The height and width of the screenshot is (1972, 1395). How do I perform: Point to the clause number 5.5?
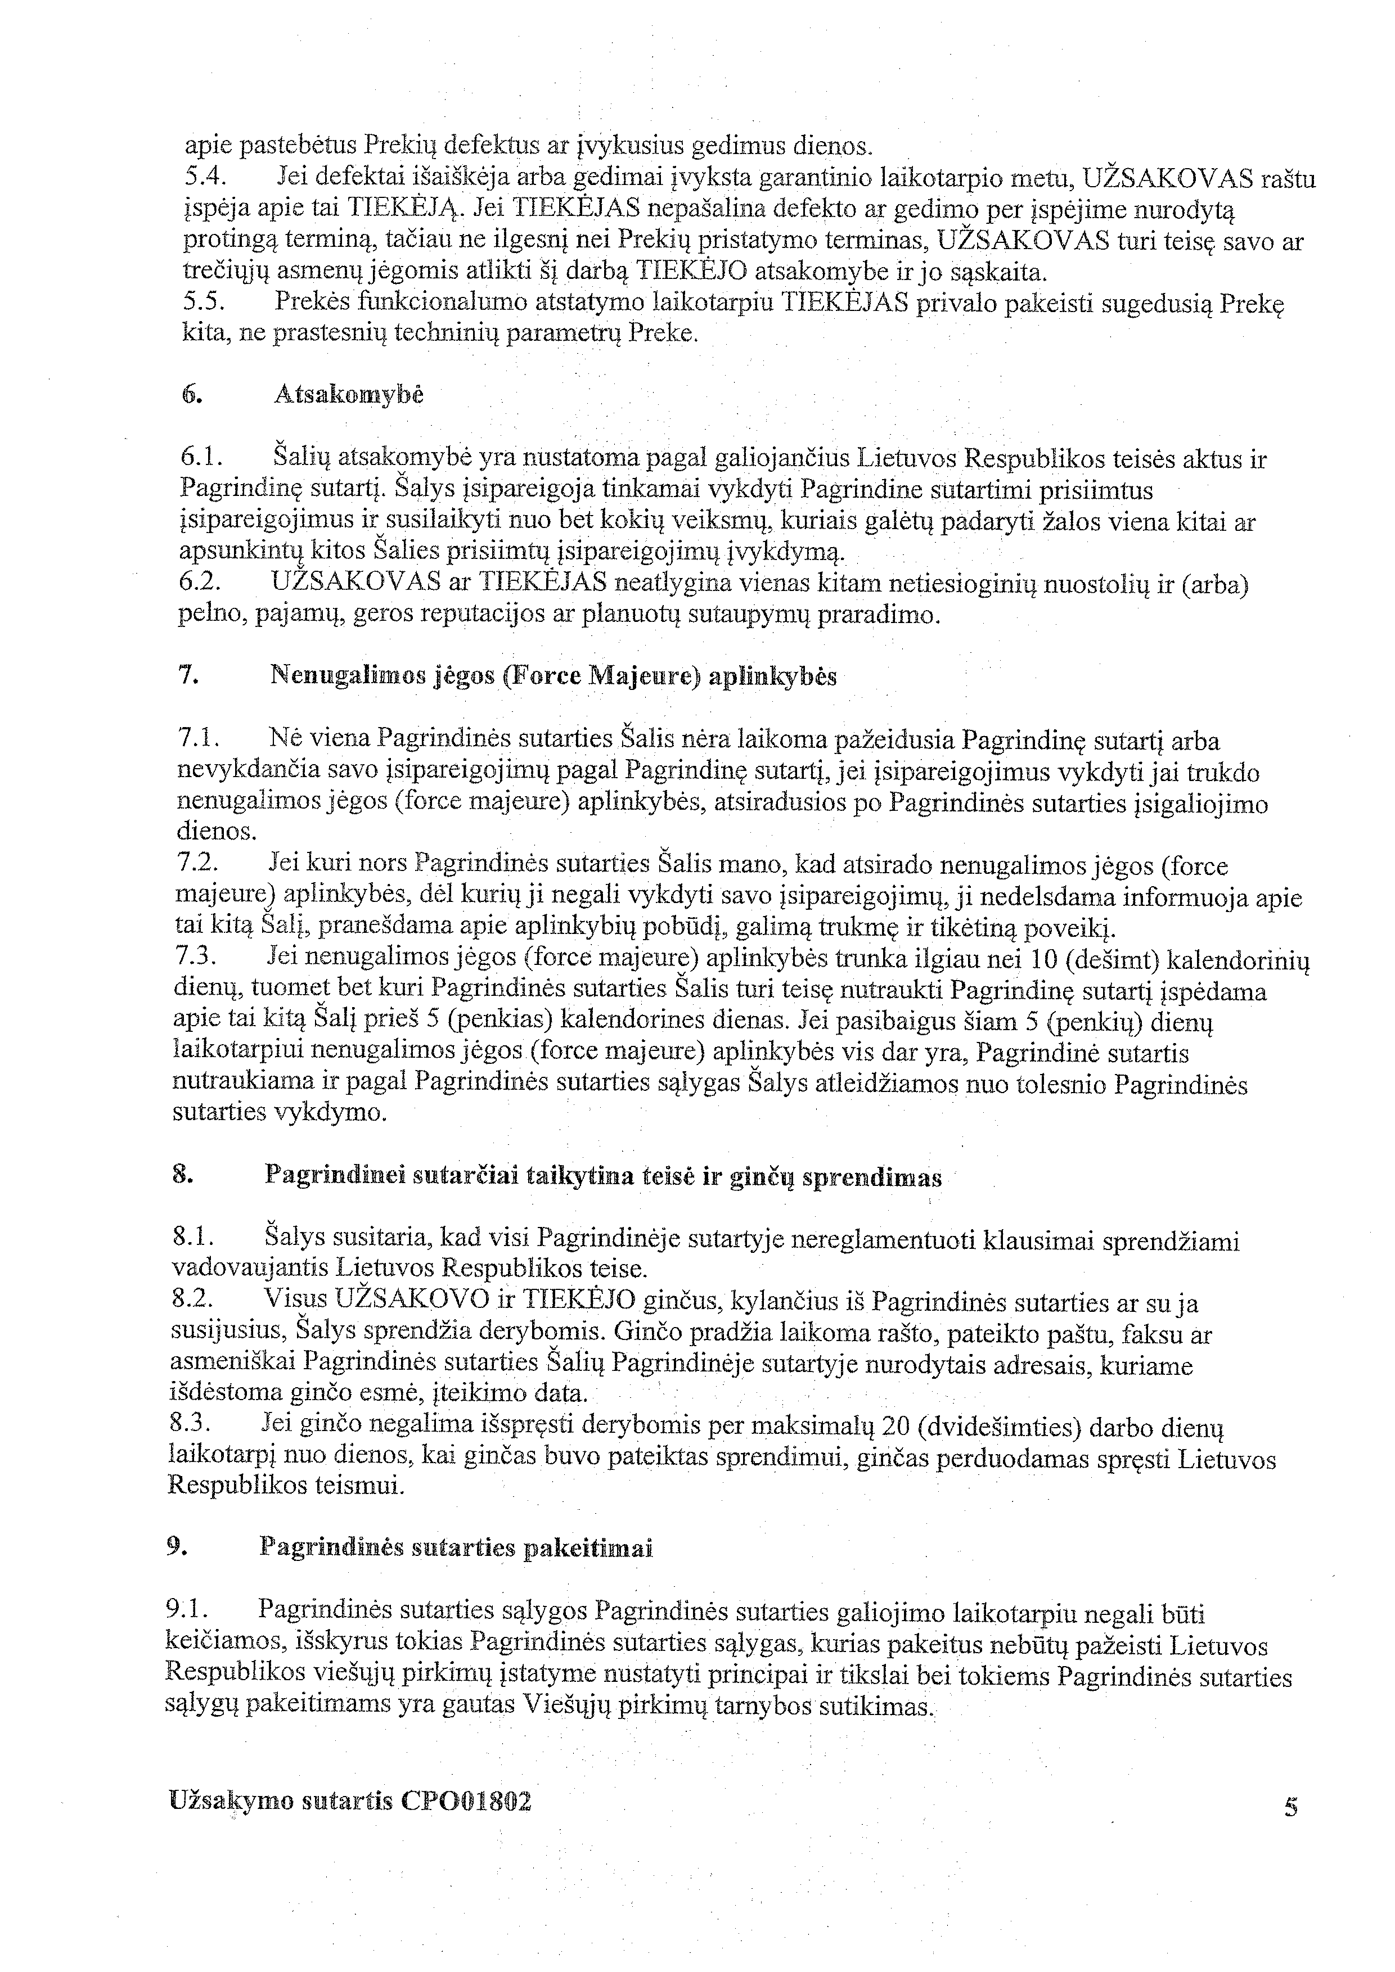(202, 303)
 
